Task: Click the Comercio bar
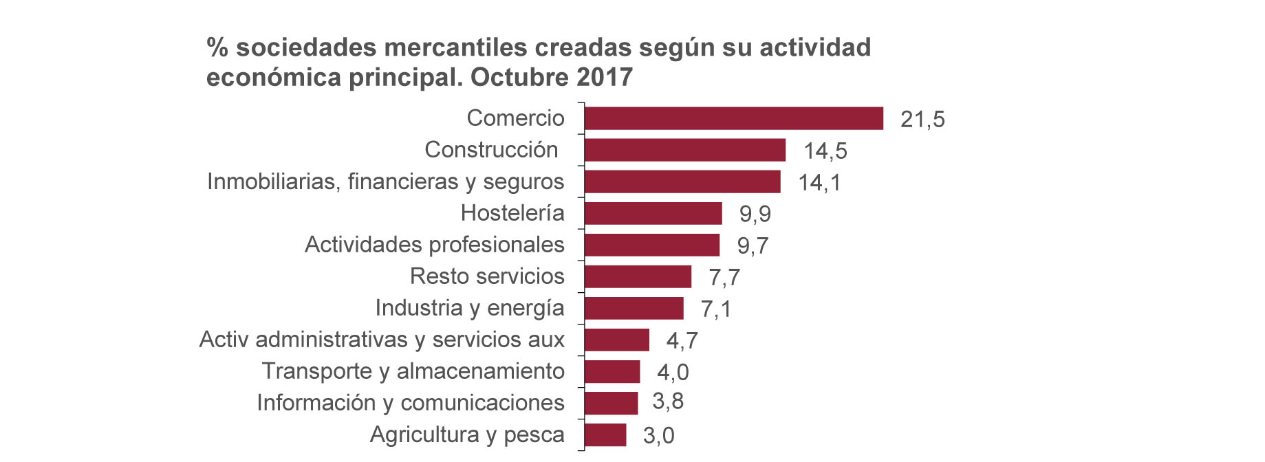click(733, 118)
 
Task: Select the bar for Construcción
click(684, 150)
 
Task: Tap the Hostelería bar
click(653, 213)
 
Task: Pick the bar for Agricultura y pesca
click(605, 434)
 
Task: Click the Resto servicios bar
click(638, 276)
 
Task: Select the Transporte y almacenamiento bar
click(612, 371)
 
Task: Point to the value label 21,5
click(922, 120)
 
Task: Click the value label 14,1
click(819, 183)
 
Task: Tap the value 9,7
click(753, 246)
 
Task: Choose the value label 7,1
click(715, 309)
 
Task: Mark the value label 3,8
click(667, 401)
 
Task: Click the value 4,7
click(682, 341)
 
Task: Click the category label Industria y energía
click(469, 308)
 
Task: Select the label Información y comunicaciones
click(410, 403)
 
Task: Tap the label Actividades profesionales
click(434, 245)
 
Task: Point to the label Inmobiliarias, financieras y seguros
click(385, 181)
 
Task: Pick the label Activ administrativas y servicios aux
click(382, 340)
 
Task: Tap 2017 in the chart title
click(605, 77)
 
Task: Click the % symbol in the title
click(217, 47)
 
